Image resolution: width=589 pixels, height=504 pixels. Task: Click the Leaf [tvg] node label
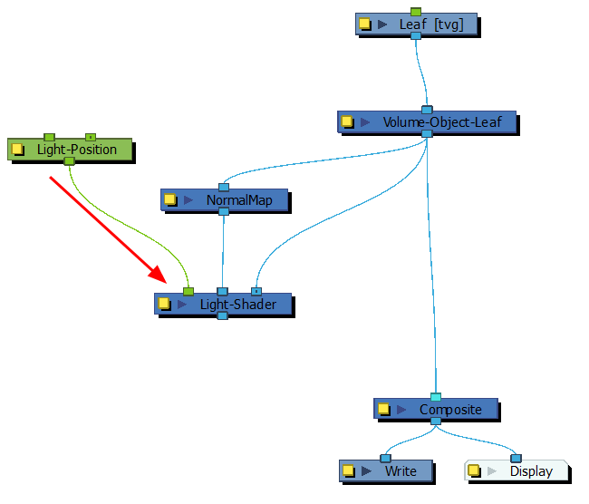click(x=431, y=24)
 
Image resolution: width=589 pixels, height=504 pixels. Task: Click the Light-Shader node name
click(x=238, y=305)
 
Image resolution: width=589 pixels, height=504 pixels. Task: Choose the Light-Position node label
click(x=77, y=149)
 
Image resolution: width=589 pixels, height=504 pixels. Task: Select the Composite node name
click(x=450, y=409)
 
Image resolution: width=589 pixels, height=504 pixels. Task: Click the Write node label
click(x=401, y=470)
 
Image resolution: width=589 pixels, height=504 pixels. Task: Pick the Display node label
click(x=530, y=470)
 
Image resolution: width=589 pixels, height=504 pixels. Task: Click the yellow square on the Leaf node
click(x=365, y=24)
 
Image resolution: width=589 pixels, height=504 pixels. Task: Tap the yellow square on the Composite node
click(x=383, y=409)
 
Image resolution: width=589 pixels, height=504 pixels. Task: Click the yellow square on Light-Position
click(x=18, y=149)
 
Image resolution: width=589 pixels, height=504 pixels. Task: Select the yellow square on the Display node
click(x=473, y=470)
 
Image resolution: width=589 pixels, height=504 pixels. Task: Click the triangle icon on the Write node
click(x=367, y=470)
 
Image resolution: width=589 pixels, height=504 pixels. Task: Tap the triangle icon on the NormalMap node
click(x=188, y=199)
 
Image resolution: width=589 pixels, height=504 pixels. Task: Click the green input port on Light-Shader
click(x=188, y=291)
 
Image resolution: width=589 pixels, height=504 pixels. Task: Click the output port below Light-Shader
click(x=222, y=315)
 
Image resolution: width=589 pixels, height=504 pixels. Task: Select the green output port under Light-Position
click(x=69, y=160)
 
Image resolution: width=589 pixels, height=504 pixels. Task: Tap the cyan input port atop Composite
click(x=436, y=397)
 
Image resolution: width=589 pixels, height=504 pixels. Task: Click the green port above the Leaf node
click(x=416, y=12)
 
